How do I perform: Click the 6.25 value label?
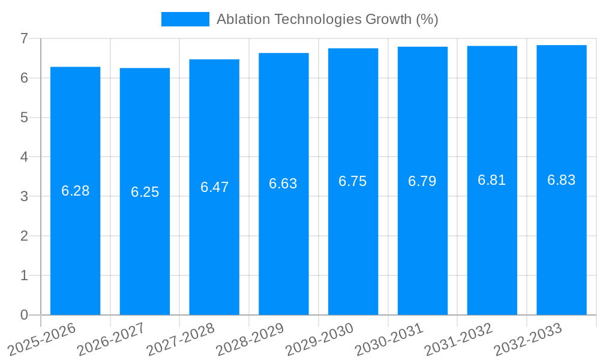[145, 192]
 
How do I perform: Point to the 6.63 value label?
[283, 184]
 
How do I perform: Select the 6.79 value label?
[422, 181]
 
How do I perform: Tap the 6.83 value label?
[561, 180]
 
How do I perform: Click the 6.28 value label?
[75, 191]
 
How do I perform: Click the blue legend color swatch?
[185, 19]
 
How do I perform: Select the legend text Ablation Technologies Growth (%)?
[327, 19]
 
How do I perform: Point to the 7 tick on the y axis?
[25, 38]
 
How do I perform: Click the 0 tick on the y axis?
[25, 315]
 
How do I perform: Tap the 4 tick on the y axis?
[25, 157]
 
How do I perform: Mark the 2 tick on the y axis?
[25, 236]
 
